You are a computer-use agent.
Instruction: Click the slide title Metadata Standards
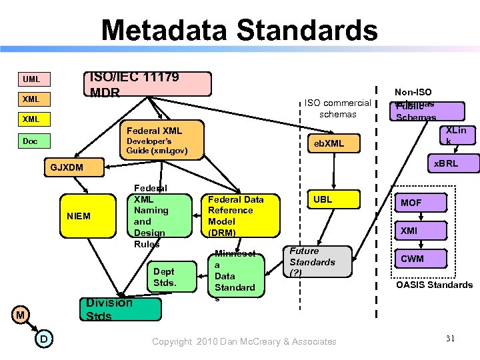(239, 31)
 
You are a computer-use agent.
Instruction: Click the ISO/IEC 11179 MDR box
(150, 85)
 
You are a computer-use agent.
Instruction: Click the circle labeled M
(21, 314)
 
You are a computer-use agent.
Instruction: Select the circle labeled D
(43, 340)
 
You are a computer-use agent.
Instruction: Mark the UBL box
(323, 200)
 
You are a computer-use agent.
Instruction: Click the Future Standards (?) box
(317, 261)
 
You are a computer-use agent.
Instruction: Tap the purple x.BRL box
(446, 163)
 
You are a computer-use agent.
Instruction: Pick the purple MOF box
(419, 203)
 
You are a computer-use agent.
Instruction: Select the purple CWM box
(419, 259)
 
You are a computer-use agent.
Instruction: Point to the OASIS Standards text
(434, 285)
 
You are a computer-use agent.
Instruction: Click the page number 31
(451, 339)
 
